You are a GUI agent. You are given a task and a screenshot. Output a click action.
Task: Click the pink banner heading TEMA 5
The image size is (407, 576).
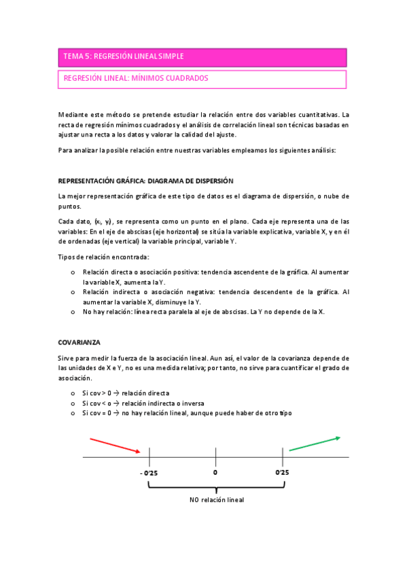pyautogui.click(x=202, y=56)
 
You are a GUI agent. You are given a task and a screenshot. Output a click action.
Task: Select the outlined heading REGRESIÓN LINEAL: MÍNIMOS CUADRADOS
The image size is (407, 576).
pyautogui.click(x=202, y=79)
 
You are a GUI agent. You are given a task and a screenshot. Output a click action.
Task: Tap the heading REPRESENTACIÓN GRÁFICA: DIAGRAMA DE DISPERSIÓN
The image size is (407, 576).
pyautogui.click(x=146, y=181)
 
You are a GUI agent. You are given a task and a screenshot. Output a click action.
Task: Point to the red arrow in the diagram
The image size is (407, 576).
pyautogui.click(x=116, y=445)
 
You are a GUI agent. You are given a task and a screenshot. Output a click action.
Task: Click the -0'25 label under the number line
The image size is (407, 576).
pyautogui.click(x=148, y=472)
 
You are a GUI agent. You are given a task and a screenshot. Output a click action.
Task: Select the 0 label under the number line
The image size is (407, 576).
pyautogui.click(x=215, y=472)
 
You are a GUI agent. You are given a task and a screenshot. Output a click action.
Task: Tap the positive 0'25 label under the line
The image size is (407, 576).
pyautogui.click(x=283, y=472)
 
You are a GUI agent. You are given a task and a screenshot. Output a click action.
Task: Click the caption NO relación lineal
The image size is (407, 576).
pyautogui.click(x=216, y=499)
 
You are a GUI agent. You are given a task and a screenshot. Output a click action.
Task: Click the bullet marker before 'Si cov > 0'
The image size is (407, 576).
pyautogui.click(x=73, y=393)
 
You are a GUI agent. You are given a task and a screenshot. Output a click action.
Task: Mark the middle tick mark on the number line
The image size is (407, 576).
pyautogui.click(x=215, y=456)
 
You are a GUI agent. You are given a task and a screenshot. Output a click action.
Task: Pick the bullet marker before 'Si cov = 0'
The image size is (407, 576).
pyautogui.click(x=73, y=412)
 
